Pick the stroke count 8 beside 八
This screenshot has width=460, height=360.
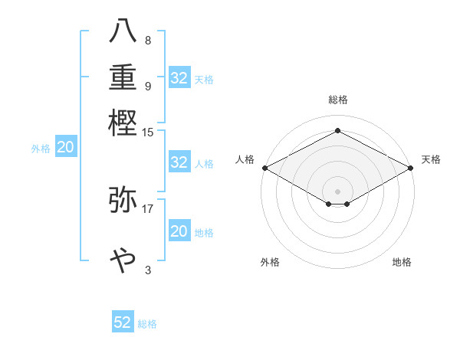pos(147,41)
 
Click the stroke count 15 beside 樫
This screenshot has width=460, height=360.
pos(148,132)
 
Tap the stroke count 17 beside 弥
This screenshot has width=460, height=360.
pos(148,208)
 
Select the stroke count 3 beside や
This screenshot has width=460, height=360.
pos(147,270)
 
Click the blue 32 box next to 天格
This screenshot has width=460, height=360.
pos(179,78)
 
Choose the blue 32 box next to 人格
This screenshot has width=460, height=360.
pos(179,162)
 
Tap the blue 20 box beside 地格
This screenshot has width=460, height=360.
pos(179,231)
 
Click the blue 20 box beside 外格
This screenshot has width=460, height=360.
pos(66,148)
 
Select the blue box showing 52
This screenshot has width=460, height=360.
pos(123,322)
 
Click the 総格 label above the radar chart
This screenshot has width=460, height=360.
pos(337,100)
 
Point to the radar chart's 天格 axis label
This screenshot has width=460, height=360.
pos(431,159)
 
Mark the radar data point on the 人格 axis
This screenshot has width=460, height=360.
pos(264,168)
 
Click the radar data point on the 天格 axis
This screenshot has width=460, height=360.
pos(411,168)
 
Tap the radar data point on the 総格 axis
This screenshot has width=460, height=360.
pos(337,130)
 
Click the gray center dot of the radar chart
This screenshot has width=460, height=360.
pos(337,191)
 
